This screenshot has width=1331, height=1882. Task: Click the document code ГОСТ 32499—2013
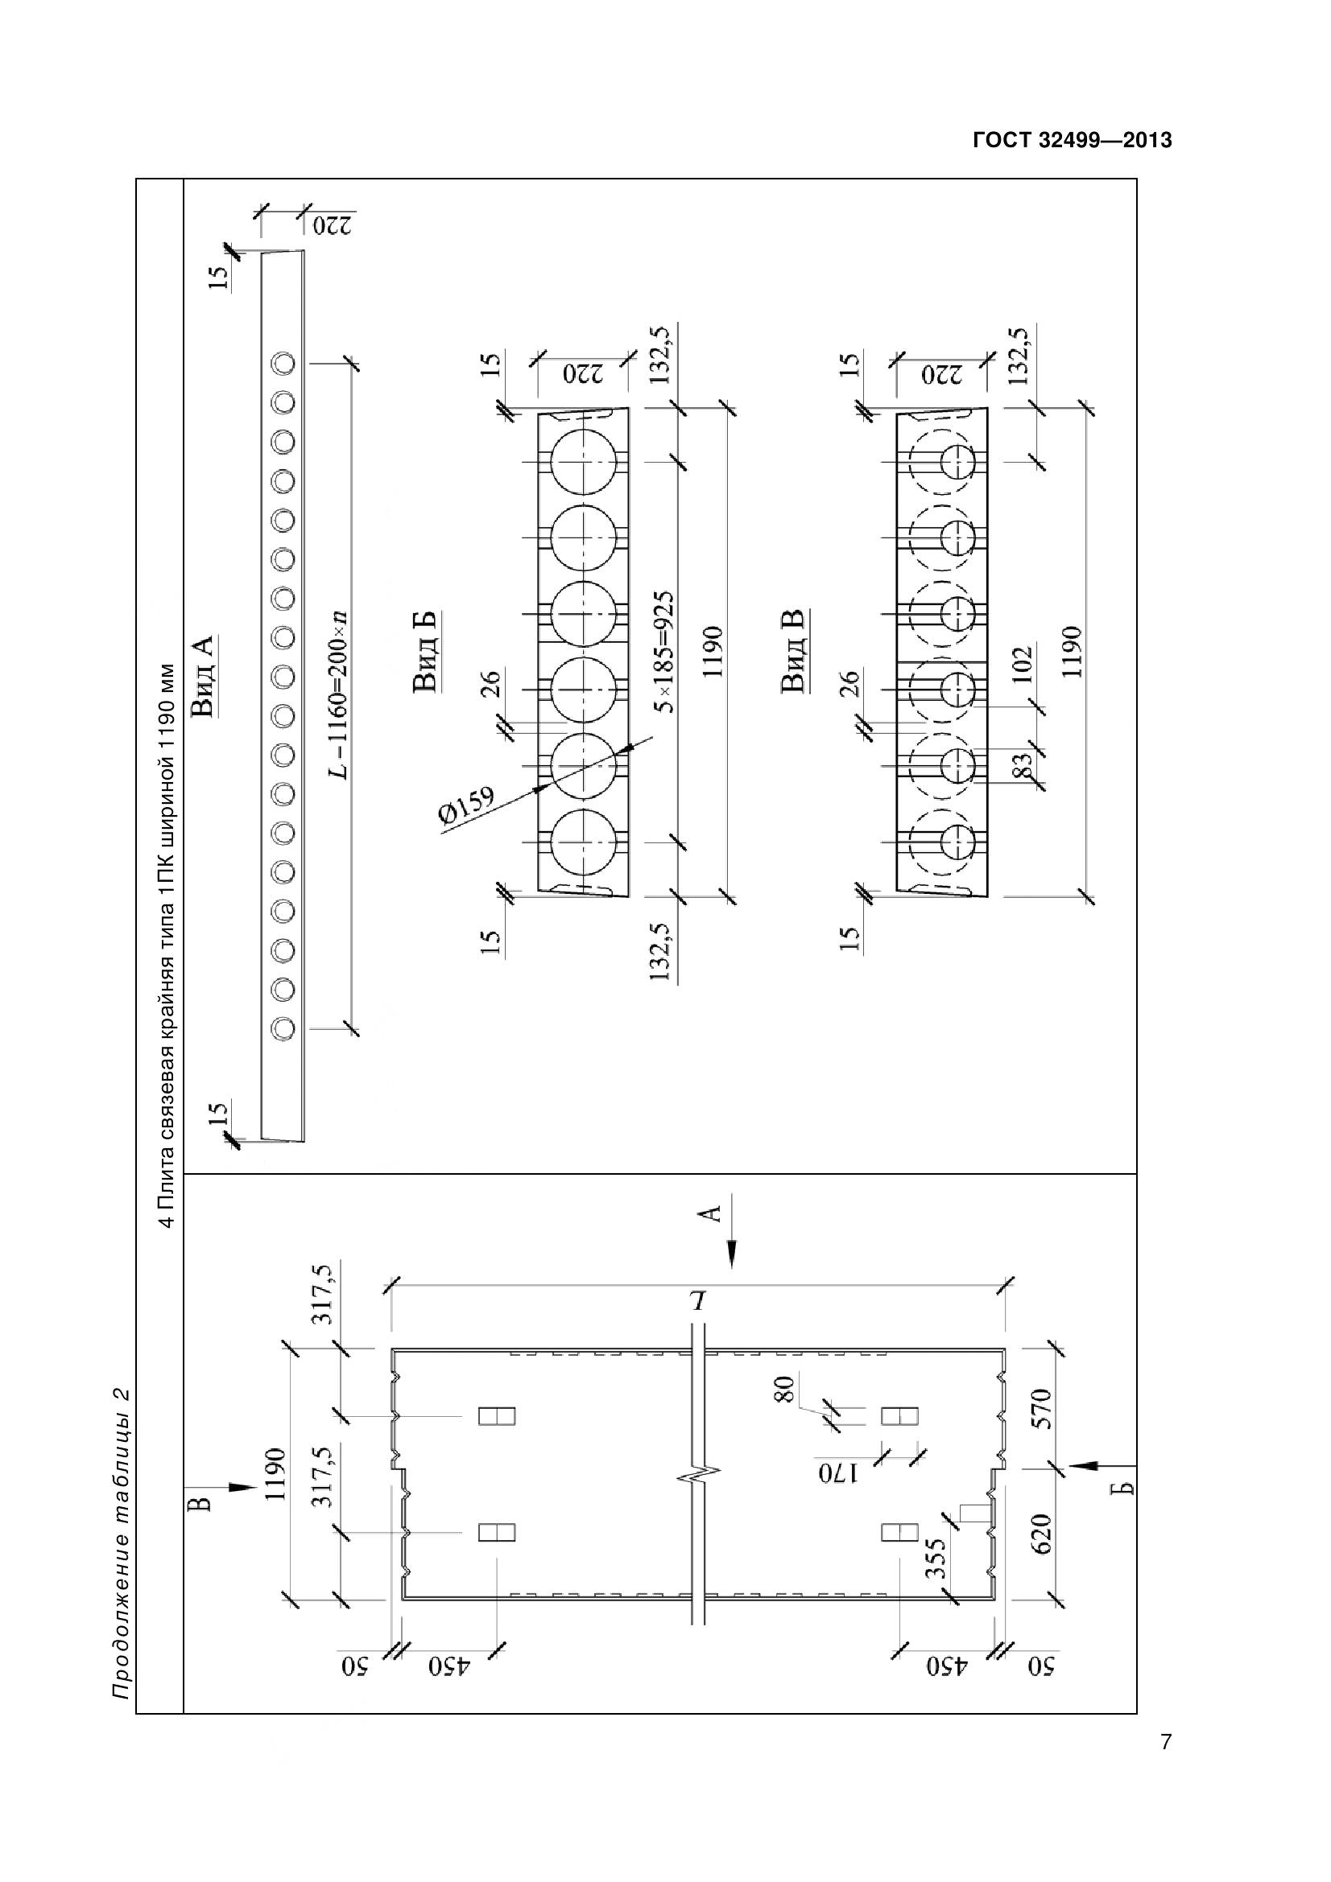[1072, 140]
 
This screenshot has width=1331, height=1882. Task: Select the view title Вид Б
[424, 652]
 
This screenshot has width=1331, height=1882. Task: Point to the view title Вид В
[793, 652]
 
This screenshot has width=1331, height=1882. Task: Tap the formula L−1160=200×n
[338, 694]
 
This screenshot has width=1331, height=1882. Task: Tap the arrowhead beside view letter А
[731, 1254]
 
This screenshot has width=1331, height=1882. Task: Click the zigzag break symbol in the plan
[699, 1476]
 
